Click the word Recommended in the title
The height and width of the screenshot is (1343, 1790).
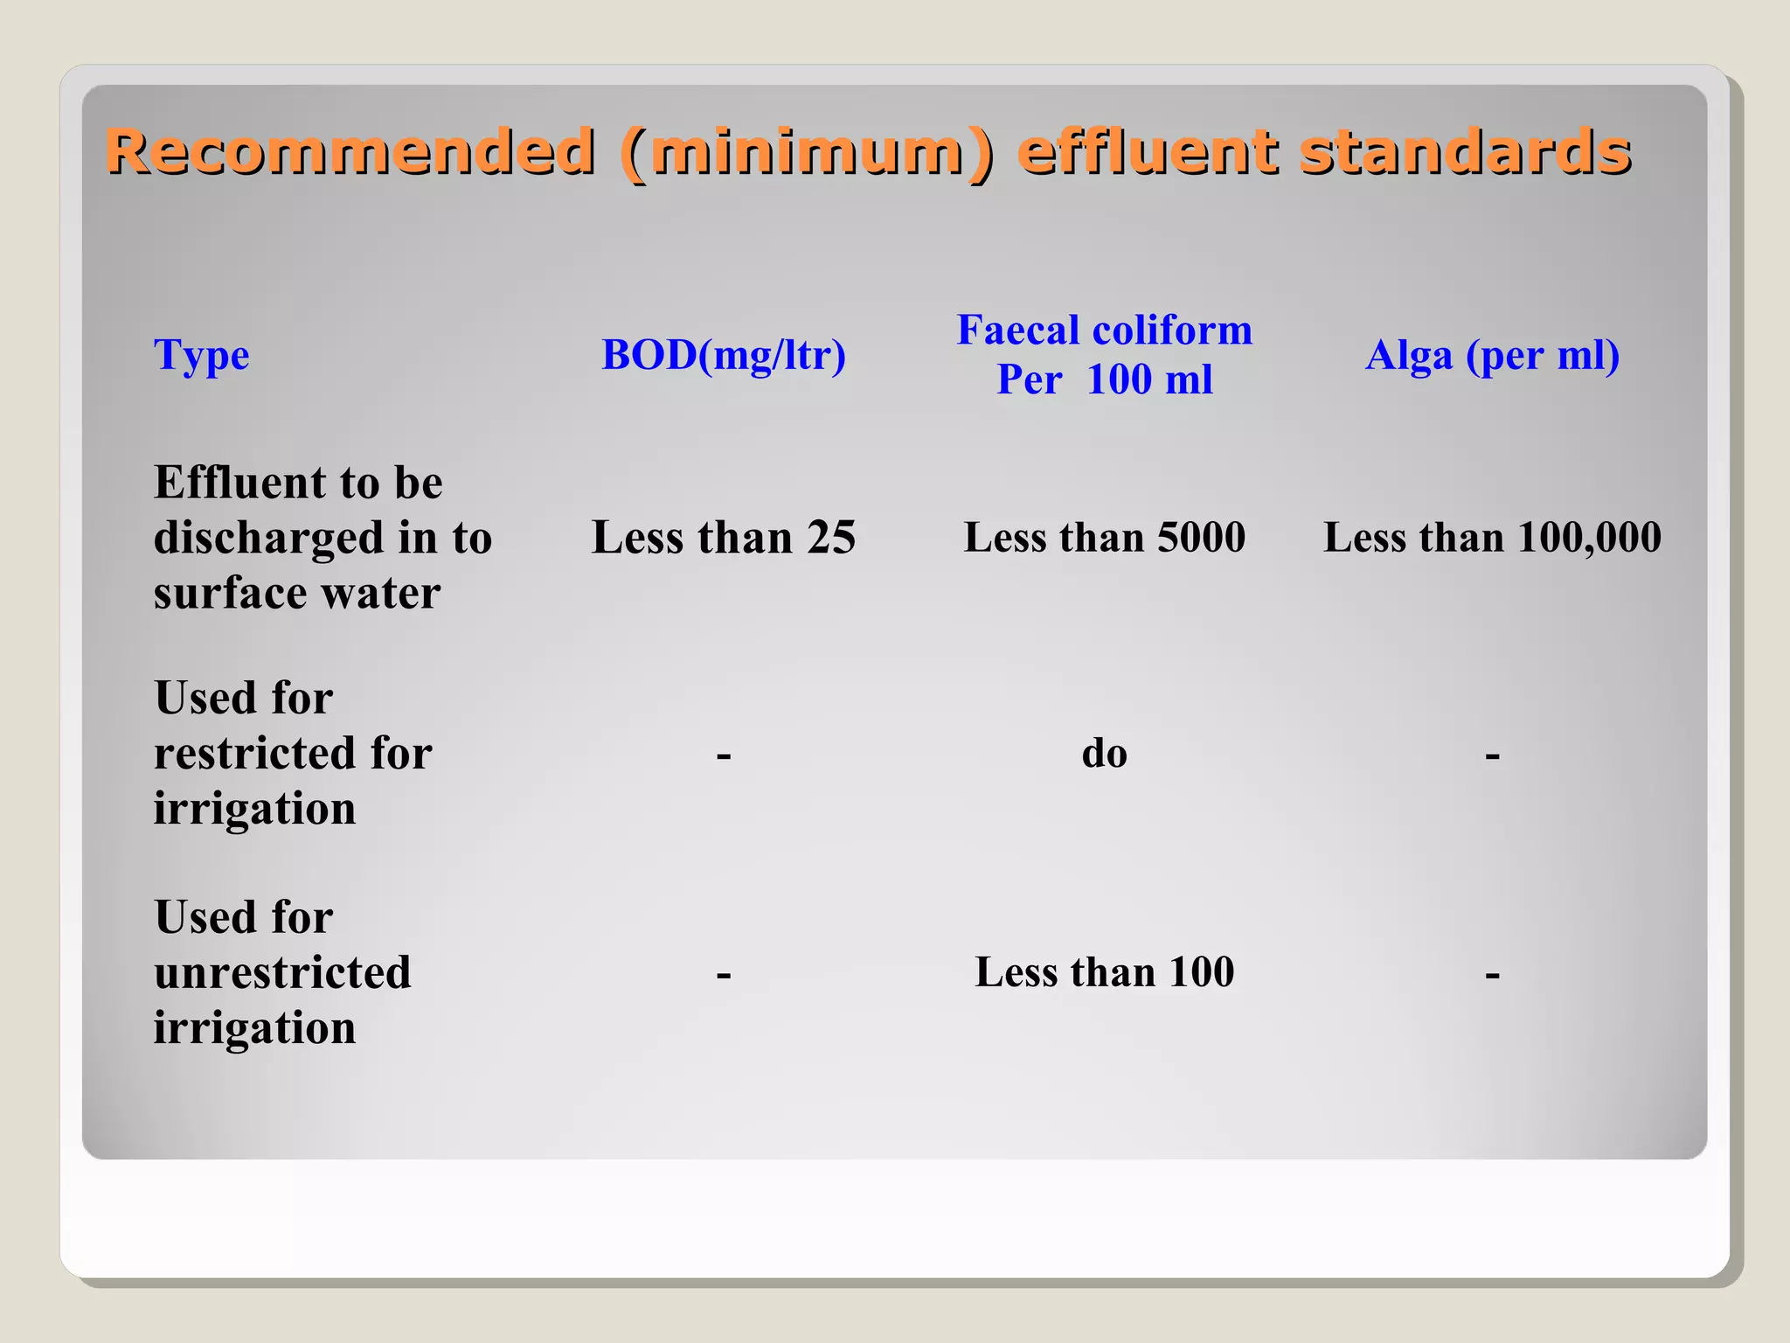tap(350, 152)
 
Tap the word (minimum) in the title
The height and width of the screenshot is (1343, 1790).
tap(806, 152)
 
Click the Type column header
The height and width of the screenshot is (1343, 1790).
tap(201, 355)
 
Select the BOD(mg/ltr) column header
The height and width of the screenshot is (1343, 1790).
tap(724, 355)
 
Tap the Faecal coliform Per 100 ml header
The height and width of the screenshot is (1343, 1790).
tap(1105, 355)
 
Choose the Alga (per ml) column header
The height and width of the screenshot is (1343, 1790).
tap(1492, 355)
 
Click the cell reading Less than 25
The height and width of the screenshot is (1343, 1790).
tap(724, 537)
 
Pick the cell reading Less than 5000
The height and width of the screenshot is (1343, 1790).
tap(1105, 537)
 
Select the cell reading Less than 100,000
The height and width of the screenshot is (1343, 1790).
tap(1492, 537)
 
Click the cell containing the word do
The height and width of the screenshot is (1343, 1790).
tap(1105, 753)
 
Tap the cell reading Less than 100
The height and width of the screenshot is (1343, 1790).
tap(1105, 971)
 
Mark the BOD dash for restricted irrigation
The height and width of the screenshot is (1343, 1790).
tap(724, 755)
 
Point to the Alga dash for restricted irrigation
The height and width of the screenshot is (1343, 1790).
tap(1492, 755)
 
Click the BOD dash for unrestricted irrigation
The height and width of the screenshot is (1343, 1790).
tap(724, 974)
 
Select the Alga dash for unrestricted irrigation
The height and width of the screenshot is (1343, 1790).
tap(1492, 974)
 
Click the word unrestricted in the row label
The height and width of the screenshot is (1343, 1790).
tap(282, 972)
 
